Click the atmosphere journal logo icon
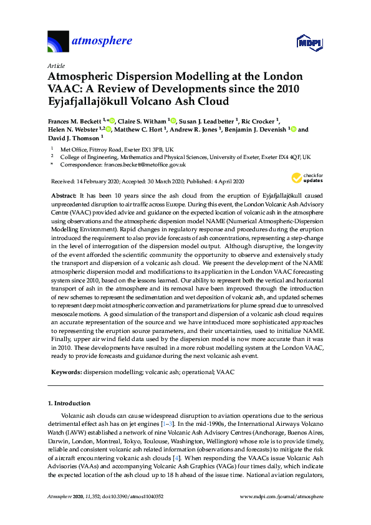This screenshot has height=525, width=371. (58, 41)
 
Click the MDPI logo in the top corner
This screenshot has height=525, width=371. (310, 42)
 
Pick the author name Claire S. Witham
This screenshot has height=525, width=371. (140, 120)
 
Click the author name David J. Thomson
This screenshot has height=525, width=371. (72, 138)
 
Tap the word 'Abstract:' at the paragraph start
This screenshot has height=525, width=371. (63, 195)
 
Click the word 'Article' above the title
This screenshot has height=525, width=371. (55, 65)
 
